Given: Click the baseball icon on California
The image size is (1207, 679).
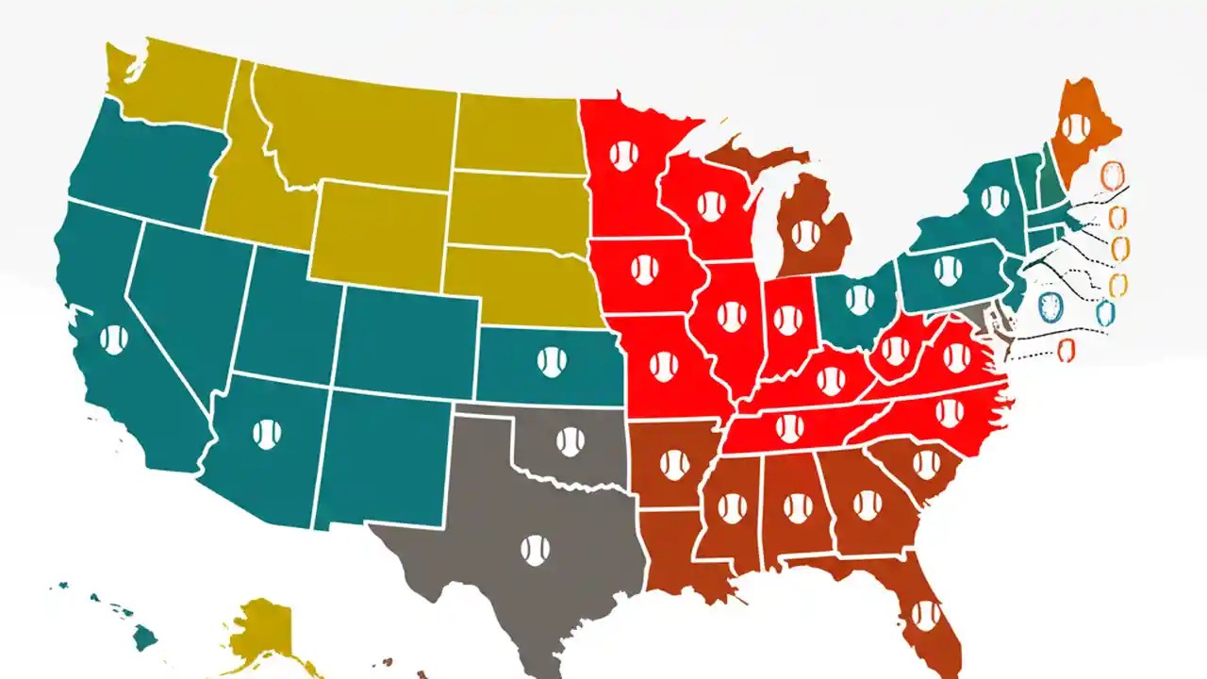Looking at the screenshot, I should (x=114, y=339).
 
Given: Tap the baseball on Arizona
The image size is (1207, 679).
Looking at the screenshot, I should (x=267, y=434).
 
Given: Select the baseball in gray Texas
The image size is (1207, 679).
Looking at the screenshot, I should (x=535, y=551).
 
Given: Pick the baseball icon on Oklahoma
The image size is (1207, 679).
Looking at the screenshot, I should (x=570, y=441).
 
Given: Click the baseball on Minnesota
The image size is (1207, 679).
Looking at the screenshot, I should (x=623, y=156).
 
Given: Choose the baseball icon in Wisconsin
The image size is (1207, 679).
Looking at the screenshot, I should (x=711, y=205).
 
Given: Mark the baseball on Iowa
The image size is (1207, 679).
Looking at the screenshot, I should (x=645, y=270).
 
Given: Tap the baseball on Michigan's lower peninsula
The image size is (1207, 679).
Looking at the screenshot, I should (x=806, y=235).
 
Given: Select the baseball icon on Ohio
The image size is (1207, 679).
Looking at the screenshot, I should (x=859, y=300).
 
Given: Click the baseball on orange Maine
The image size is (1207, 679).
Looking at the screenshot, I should (x=1075, y=127).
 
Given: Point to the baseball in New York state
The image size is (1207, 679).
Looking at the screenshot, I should (x=994, y=199).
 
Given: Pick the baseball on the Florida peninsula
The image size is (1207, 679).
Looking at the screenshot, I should (x=926, y=615).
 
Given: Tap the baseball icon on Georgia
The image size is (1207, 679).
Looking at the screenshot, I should (x=868, y=505).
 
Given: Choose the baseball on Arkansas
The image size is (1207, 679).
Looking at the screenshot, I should (x=673, y=464).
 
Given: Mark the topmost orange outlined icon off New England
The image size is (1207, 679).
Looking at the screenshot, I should (x=1114, y=176).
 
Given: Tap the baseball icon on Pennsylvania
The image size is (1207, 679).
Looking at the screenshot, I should (x=948, y=270).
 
